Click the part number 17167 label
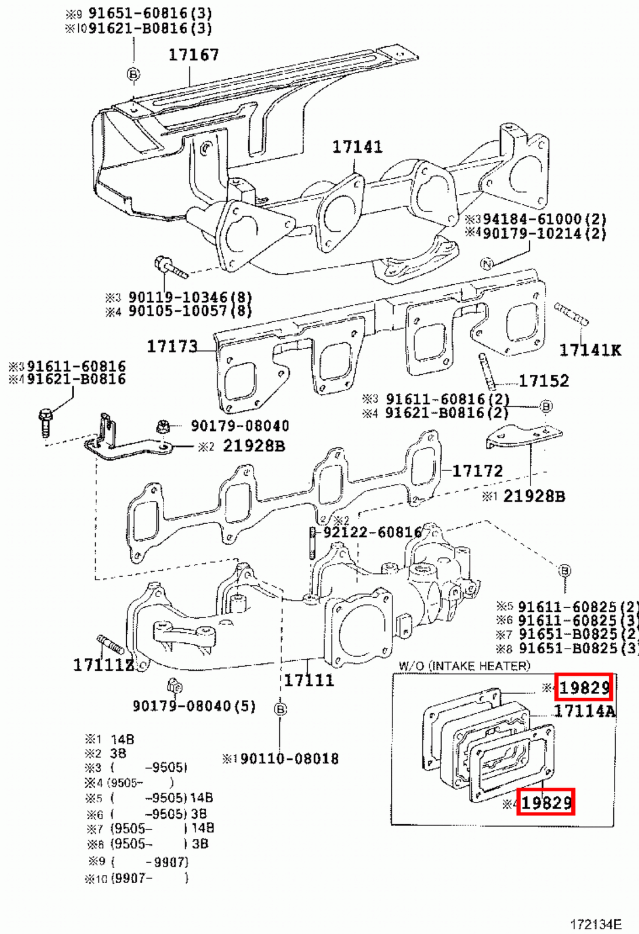pyautogui.click(x=193, y=55)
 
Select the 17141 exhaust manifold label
pyautogui.click(x=357, y=147)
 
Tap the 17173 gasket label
pyautogui.click(x=172, y=347)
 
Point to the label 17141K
pyautogui.click(x=590, y=350)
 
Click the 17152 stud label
pyautogui.click(x=543, y=381)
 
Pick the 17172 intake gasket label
pyautogui.click(x=477, y=471)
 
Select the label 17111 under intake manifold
pyautogui.click(x=309, y=681)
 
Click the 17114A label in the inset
pyautogui.click(x=584, y=711)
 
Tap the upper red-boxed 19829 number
pyautogui.click(x=584, y=688)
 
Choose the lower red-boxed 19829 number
pyautogui.click(x=546, y=803)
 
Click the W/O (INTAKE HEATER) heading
pyautogui.click(x=464, y=665)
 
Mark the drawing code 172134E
pyautogui.click(x=596, y=924)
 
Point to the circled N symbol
pyautogui.click(x=487, y=264)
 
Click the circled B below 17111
pyautogui.click(x=280, y=709)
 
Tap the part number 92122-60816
pyautogui.click(x=372, y=532)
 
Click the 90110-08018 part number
pyautogui.click(x=289, y=759)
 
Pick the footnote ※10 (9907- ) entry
pyautogui.click(x=137, y=878)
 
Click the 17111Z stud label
pyautogui.click(x=103, y=665)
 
